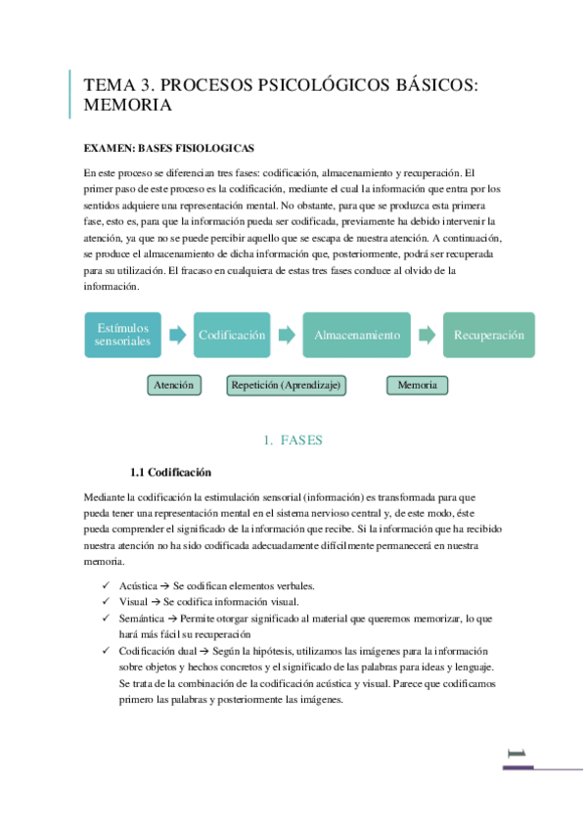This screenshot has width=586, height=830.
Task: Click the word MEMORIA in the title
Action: pyautogui.click(x=128, y=105)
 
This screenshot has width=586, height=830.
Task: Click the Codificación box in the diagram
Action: pyautogui.click(x=232, y=335)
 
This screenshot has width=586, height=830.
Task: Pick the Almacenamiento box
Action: pyautogui.click(x=356, y=335)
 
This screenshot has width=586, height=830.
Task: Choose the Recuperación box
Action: pyautogui.click(x=489, y=335)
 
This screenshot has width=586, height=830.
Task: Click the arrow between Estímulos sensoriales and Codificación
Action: pyautogui.click(x=177, y=335)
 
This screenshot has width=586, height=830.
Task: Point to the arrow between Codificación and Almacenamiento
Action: pyautogui.click(x=286, y=335)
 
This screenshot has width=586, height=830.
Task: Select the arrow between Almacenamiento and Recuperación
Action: pyautogui.click(x=427, y=335)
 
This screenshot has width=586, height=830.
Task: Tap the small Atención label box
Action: pyautogui.click(x=175, y=386)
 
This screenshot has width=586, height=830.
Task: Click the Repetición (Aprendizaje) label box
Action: pyautogui.click(x=287, y=386)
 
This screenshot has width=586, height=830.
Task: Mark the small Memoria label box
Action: pyautogui.click(x=417, y=386)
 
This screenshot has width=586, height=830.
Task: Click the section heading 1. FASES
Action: pyautogui.click(x=293, y=440)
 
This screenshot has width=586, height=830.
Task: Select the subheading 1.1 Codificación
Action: pyautogui.click(x=170, y=472)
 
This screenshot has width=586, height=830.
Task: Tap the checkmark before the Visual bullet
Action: pyautogui.click(x=105, y=602)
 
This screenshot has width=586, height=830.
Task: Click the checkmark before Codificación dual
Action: pyautogui.click(x=105, y=651)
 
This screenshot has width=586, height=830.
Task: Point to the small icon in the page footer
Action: pyautogui.click(x=517, y=753)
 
